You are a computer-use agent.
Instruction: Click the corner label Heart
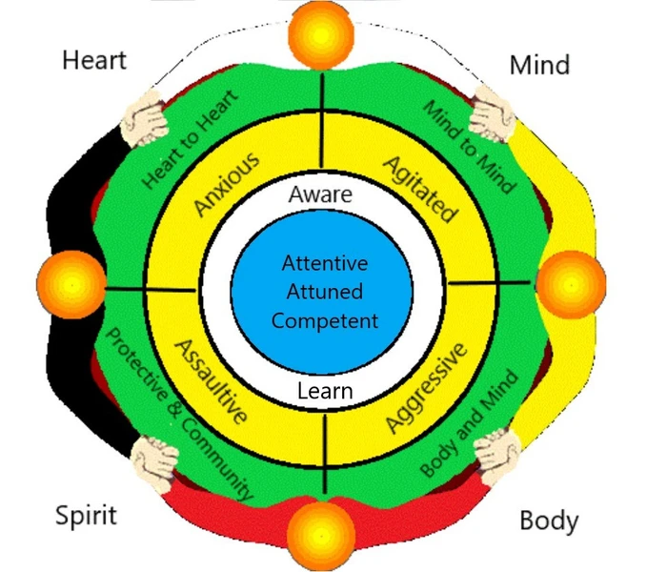point(94,59)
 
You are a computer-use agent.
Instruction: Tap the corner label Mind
point(539,64)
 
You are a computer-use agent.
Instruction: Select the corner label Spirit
point(87,516)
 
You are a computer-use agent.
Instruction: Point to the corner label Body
point(549,521)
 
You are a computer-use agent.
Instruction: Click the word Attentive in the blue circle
point(325,263)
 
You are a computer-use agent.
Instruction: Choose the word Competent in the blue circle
point(325,320)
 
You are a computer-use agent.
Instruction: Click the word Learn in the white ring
point(324,390)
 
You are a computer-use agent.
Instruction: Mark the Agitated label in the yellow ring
point(419,184)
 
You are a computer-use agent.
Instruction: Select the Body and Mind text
point(470,423)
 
